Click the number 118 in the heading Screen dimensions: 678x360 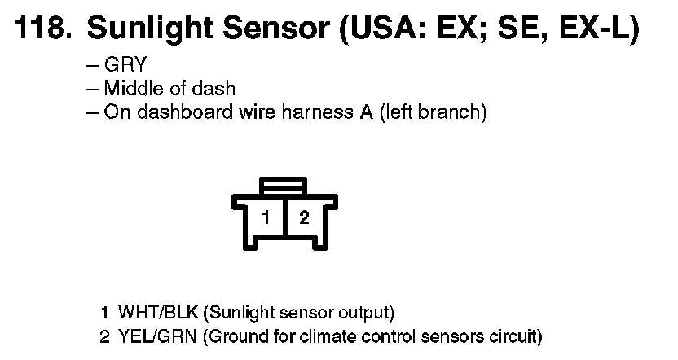tap(43, 28)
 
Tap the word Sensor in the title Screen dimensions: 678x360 tap(276, 29)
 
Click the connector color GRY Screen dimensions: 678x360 tap(125, 65)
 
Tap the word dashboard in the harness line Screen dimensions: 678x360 tap(185, 112)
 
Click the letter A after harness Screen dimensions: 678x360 tap(366, 112)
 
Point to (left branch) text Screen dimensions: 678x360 tap(434, 112)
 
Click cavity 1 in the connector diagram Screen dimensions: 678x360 tap(266, 217)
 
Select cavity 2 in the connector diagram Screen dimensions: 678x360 tap(304, 217)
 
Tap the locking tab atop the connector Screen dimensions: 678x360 tap(284, 186)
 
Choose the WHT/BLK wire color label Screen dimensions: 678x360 tap(158, 312)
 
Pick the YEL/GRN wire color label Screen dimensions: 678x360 tap(157, 336)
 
